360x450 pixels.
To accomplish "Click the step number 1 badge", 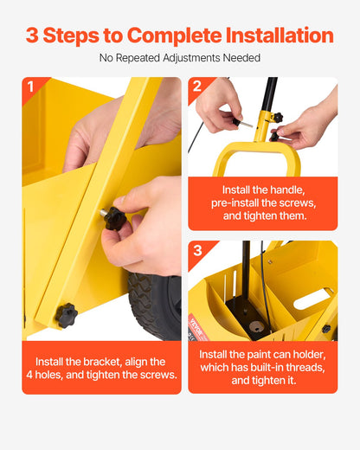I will [31, 87].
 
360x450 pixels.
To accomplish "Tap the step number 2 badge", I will [197, 87].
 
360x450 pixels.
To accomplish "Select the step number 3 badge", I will [197, 251].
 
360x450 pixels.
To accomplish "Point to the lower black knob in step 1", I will [66, 314].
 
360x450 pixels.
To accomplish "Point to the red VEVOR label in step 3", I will [196, 320].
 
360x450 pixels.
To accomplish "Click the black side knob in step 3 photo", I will [326, 329].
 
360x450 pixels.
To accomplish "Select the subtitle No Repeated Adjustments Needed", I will [180, 58].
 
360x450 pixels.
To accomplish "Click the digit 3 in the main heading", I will [32, 35].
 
